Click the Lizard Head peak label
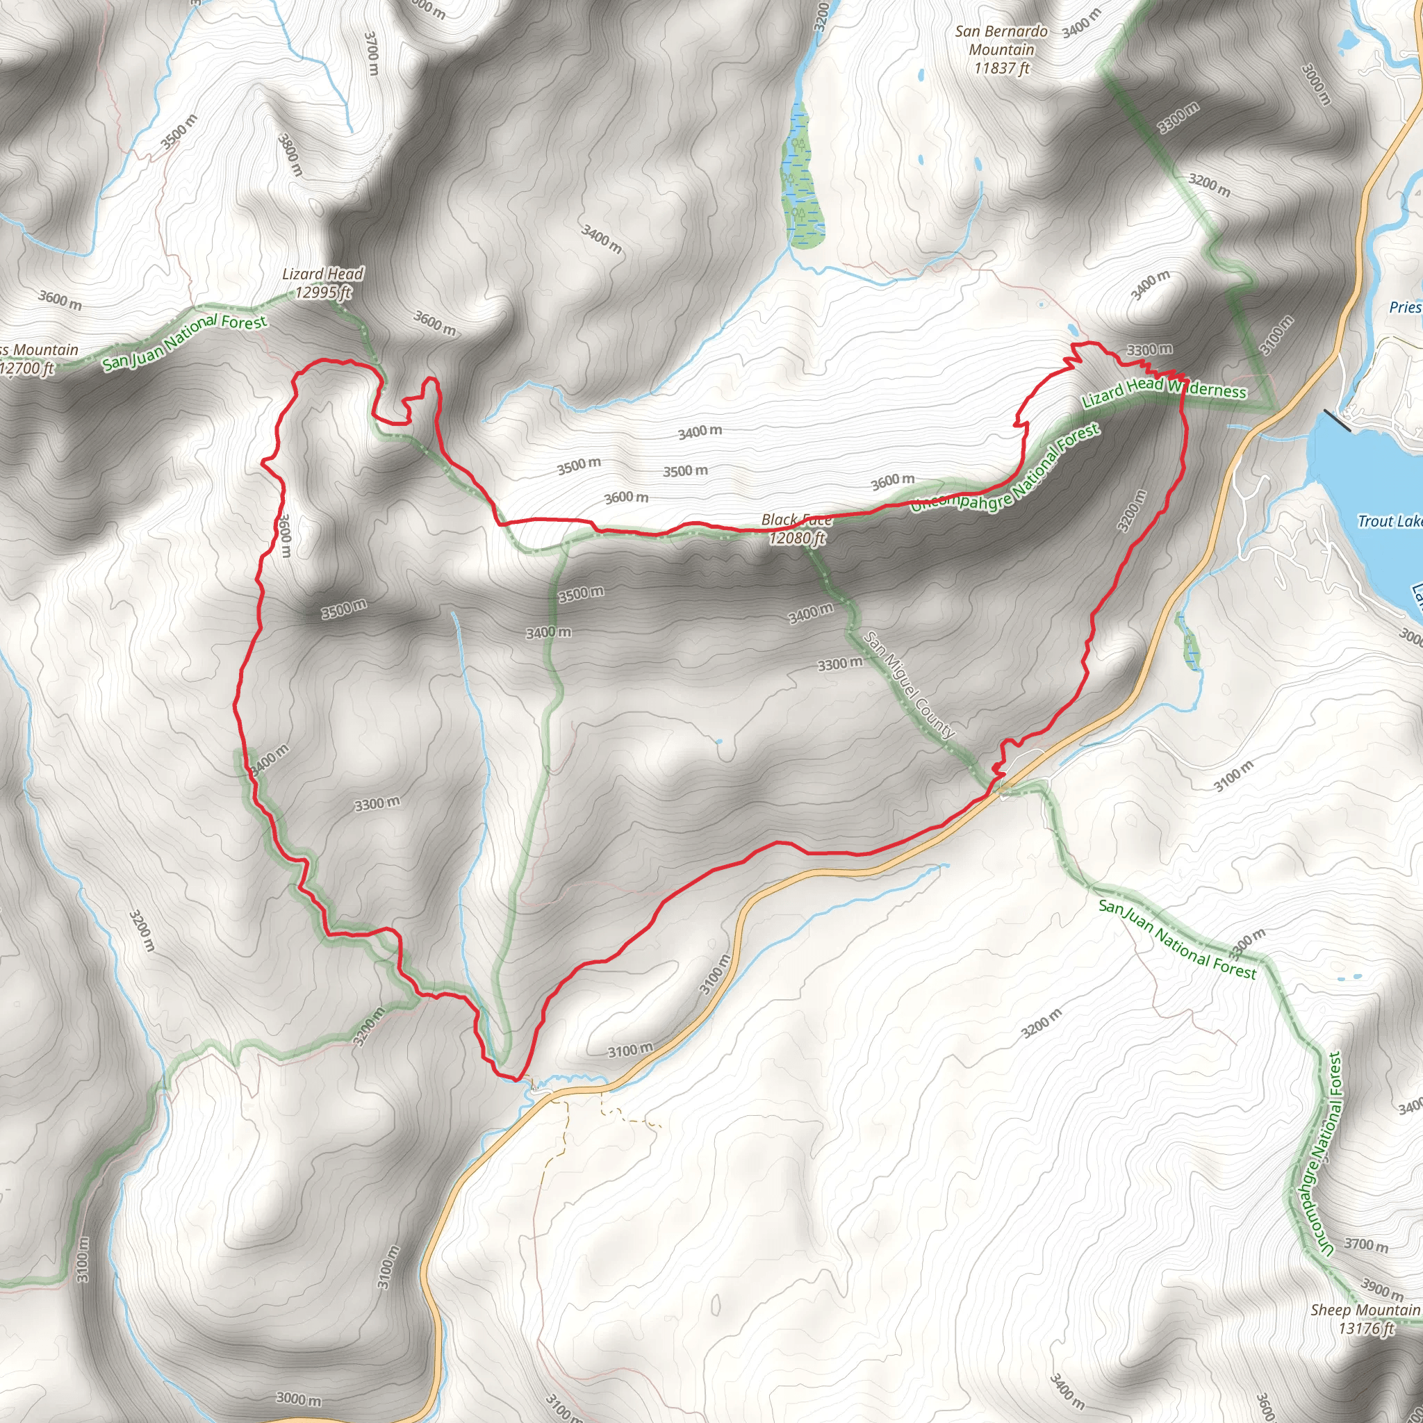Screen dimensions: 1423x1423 322,274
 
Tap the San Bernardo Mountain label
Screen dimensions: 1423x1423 1001,40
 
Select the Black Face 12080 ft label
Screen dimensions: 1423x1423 797,529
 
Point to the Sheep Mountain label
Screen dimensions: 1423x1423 1365,1310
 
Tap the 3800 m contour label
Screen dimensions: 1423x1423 290,154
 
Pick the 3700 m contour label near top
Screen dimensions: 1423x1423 372,52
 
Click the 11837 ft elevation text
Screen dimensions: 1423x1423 1001,69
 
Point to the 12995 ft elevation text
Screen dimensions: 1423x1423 323,293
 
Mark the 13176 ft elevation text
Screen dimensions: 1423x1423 1366,1329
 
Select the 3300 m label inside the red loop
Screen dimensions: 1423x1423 377,804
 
